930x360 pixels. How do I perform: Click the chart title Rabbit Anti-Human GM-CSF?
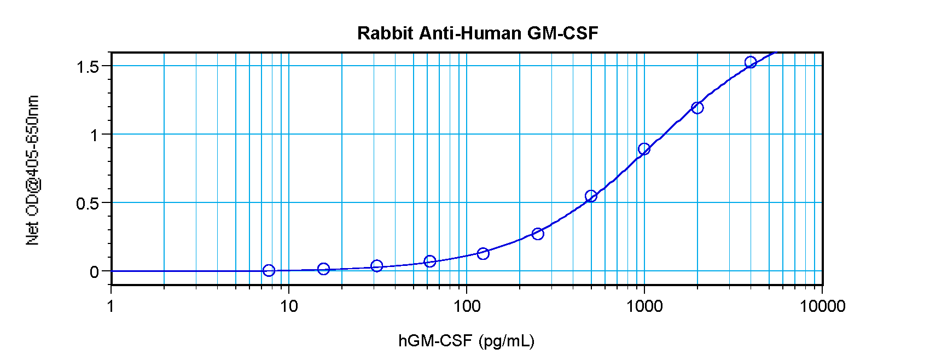coord(478,33)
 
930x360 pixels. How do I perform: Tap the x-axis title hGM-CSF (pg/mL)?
coord(466,341)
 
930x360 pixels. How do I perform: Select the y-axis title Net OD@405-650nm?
coord(33,170)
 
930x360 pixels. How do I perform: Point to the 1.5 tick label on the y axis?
coord(88,67)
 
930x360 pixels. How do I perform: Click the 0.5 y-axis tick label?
coord(88,204)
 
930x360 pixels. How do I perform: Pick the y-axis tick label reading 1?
coord(95,135)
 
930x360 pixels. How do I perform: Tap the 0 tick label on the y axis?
coord(95,272)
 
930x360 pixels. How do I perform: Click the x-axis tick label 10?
coord(289,306)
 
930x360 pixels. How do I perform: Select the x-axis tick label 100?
coord(466,306)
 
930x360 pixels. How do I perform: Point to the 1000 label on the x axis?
coord(644,306)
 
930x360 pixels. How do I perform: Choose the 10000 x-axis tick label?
coord(822,306)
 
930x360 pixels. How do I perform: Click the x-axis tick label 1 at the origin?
coord(111,306)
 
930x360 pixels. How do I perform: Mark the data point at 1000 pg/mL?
coord(644,149)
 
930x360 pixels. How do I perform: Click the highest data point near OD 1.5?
coord(751,62)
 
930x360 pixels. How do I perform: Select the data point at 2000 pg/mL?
coord(697,108)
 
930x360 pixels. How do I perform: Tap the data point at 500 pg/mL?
coord(591,196)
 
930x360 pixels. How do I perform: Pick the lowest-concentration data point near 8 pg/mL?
coord(269,270)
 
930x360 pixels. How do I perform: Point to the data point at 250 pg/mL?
coord(538,234)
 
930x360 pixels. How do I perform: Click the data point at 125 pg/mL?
coord(483,253)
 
